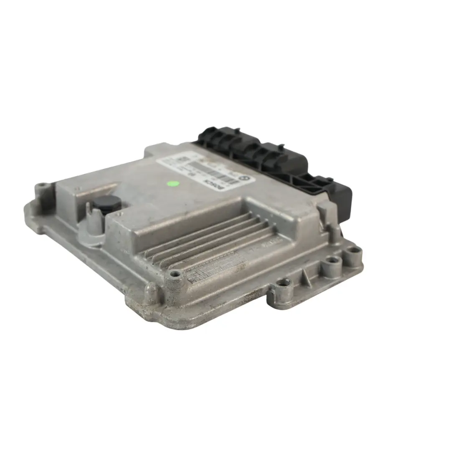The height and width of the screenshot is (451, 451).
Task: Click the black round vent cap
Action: pyautogui.click(x=106, y=203)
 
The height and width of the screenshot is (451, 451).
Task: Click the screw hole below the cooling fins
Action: pyautogui.click(x=174, y=274)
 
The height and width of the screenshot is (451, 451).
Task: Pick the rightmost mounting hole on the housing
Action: pyautogui.click(x=355, y=251)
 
